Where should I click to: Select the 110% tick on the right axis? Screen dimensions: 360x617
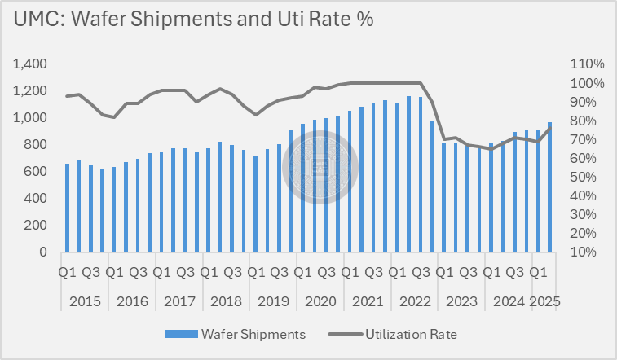(586, 64)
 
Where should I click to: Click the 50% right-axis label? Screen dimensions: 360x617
(589, 177)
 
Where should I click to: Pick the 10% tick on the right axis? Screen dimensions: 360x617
(589, 252)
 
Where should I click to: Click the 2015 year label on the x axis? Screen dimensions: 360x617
(86, 301)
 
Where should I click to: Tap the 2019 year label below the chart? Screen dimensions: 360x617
(274, 301)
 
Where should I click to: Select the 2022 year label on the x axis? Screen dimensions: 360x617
(415, 301)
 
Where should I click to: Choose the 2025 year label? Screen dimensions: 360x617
(544, 301)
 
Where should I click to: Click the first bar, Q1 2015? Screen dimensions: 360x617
(68, 209)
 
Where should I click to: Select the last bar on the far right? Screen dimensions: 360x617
(550, 187)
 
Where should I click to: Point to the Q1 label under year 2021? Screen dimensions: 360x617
(350, 272)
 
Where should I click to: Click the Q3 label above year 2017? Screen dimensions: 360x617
(185, 272)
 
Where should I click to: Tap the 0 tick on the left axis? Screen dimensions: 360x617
(43, 252)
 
